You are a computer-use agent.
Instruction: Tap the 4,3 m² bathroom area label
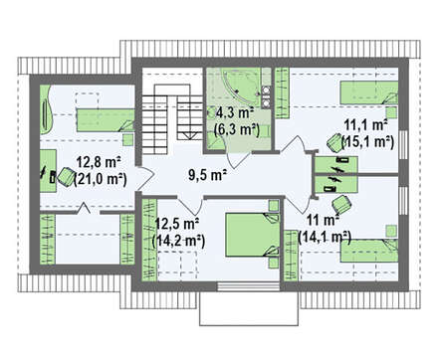[x=235, y=112]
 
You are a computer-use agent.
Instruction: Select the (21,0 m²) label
[x=101, y=179]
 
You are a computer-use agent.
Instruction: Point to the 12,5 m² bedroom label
[x=177, y=224]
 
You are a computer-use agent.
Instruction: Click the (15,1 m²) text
[x=367, y=142]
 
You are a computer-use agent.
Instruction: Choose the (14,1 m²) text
[x=325, y=238]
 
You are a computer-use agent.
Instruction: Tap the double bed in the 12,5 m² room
[x=252, y=235]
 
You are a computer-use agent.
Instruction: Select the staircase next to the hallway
[x=172, y=120]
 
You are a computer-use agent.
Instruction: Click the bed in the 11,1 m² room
[x=369, y=93]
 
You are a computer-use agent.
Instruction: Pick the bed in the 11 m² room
[x=369, y=251]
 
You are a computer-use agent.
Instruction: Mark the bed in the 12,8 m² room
[x=106, y=120]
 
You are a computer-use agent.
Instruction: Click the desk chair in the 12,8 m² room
[x=66, y=177]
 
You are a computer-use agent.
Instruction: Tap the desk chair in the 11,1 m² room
[x=333, y=142]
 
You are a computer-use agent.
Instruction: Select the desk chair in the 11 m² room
[x=341, y=204]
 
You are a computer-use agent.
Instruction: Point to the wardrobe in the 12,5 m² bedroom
[x=149, y=240]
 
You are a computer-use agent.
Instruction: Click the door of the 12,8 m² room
[x=145, y=179]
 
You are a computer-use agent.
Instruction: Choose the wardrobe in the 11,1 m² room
[x=282, y=93]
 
